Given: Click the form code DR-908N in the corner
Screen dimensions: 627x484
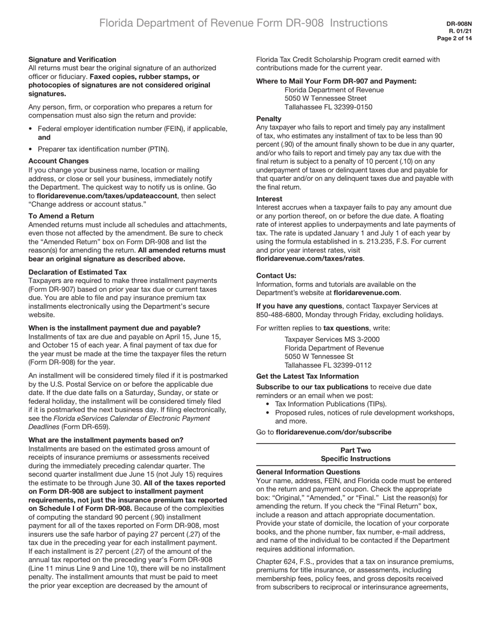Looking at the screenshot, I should pyautogui.click(x=459, y=24).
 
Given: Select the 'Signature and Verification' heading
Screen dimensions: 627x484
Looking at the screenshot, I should pyautogui.click(x=72, y=60).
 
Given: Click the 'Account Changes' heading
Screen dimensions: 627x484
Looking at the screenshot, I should pyautogui.click(x=59, y=161).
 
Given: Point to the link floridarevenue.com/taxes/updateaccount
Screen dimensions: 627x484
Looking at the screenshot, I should pyautogui.click(x=107, y=196).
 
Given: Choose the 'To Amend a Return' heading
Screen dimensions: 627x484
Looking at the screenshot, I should pyautogui.click(x=61, y=216).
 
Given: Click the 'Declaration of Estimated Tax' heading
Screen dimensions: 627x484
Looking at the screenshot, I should pyautogui.click(x=77, y=272).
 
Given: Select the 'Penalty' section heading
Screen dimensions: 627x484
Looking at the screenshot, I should pyautogui.click(x=268, y=118).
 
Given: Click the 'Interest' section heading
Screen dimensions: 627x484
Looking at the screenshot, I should pyautogui.click(x=269, y=199).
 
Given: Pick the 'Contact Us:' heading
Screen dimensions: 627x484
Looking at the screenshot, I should pyautogui.click(x=276, y=276).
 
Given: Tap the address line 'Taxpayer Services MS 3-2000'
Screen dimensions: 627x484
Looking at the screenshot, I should pyautogui.click(x=332, y=339).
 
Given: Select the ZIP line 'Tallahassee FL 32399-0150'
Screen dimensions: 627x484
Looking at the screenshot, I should pyautogui.click(x=328, y=107).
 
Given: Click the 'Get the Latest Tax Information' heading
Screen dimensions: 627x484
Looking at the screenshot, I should pyautogui.click(x=307, y=376).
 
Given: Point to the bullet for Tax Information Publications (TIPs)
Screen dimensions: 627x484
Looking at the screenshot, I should pyautogui.click(x=268, y=404).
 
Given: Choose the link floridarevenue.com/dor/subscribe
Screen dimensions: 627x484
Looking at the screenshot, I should pyautogui.click(x=334, y=432).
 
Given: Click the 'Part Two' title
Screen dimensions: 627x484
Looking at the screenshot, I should pyautogui.click(x=356, y=450).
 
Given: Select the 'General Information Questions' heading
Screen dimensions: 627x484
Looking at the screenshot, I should pyautogui.click(x=308, y=472).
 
